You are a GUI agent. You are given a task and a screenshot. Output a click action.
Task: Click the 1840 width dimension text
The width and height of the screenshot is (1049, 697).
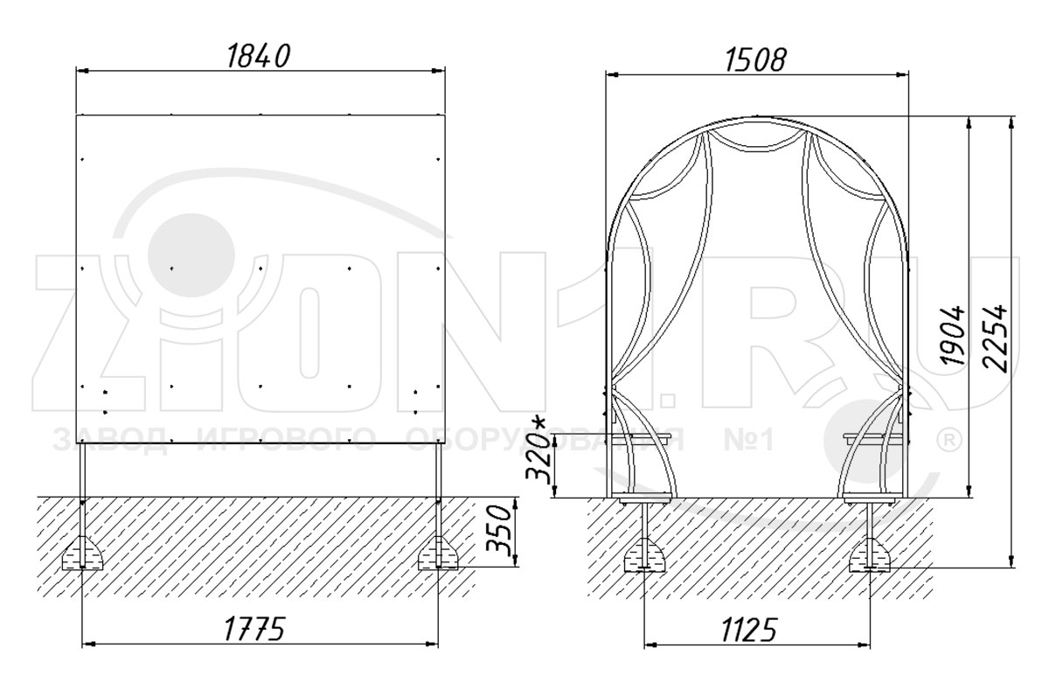tap(258, 56)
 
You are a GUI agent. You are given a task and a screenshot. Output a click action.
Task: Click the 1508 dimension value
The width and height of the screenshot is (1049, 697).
tap(756, 60)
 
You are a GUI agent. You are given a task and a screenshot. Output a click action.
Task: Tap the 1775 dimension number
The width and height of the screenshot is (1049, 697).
tap(254, 629)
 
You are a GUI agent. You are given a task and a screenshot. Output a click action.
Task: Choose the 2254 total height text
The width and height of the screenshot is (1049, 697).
tap(995, 338)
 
